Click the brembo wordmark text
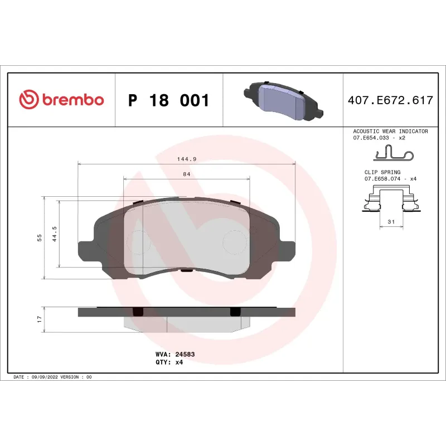71,100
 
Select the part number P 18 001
168,101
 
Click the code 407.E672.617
390,101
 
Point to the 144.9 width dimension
187,159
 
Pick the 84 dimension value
187,174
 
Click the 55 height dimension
39,238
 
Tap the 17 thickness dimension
39,319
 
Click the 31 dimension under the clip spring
391,222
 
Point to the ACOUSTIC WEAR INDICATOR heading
390,132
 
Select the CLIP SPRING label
382,173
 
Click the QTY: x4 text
169,362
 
